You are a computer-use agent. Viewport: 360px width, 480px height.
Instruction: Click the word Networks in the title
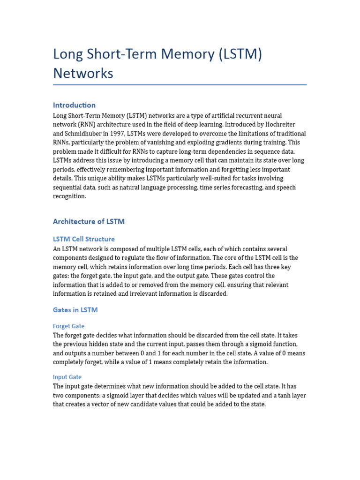click(83, 73)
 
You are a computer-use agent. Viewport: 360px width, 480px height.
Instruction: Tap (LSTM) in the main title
click(240, 54)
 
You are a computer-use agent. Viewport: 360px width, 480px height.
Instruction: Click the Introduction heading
click(74, 105)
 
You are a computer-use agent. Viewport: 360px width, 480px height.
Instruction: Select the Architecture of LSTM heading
click(89, 221)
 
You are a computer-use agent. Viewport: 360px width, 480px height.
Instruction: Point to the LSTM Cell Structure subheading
click(84, 239)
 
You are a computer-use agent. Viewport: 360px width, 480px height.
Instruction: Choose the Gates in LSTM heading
click(75, 310)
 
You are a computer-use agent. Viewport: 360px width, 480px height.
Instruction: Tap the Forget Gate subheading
click(68, 326)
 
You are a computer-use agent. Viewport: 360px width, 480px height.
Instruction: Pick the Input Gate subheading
click(67, 377)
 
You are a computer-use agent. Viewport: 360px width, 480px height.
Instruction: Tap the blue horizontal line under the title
click(180, 85)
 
